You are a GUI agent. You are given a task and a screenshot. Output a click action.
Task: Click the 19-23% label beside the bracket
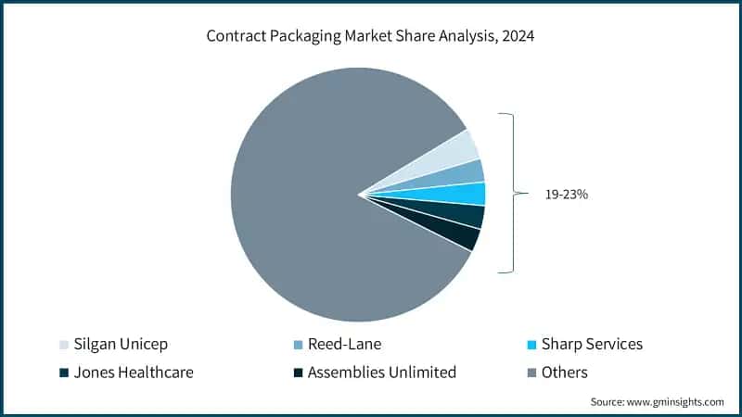pos(565,195)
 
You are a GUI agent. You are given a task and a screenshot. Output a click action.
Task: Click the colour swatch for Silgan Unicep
pos(64,345)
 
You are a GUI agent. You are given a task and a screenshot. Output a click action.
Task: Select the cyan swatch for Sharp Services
pos(531,345)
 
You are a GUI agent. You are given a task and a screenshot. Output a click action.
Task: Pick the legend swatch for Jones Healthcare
pos(64,373)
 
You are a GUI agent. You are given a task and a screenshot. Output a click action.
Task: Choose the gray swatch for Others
pos(531,373)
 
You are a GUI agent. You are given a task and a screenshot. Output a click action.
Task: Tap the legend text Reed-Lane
pos(346,344)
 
